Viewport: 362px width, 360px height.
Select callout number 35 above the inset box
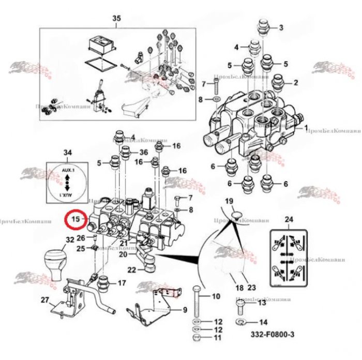[116, 19]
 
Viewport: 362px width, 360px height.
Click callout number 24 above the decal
[289, 220]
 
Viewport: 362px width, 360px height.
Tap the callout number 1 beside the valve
[306, 127]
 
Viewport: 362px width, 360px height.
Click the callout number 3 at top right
[281, 27]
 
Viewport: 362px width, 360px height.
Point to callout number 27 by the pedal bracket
[44, 299]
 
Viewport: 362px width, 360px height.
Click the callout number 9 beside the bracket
[184, 310]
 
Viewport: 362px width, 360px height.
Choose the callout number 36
[144, 152]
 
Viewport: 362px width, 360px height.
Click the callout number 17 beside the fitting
[122, 283]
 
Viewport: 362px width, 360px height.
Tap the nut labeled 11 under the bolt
[197, 338]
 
